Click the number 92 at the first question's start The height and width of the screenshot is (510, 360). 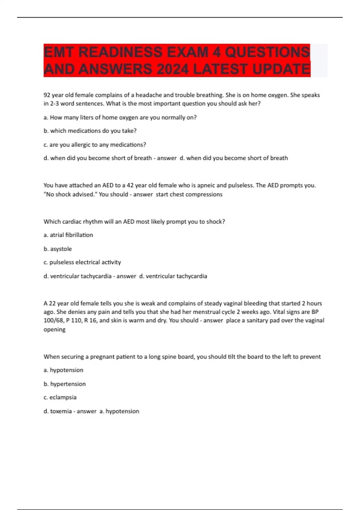point(47,95)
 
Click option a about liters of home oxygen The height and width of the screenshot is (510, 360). point(120,118)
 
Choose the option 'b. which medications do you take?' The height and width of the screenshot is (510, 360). point(90,131)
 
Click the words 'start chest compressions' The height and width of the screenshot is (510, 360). point(189,194)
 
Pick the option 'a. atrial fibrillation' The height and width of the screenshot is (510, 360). point(68,235)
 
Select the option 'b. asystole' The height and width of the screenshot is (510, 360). point(58,249)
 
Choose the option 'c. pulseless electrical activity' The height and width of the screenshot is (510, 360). point(82,262)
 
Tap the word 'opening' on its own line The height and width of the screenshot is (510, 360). point(54,329)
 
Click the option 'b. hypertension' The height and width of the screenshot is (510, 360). point(64,384)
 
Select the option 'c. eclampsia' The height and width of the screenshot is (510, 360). point(60,397)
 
